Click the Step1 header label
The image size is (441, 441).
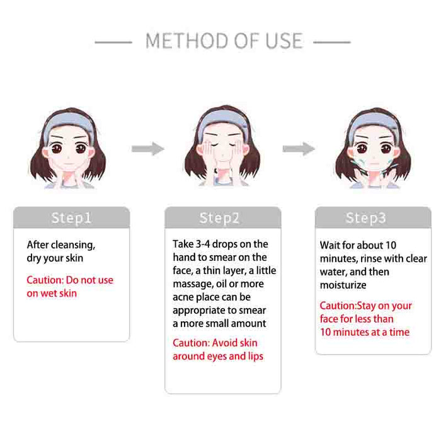(x=71, y=218)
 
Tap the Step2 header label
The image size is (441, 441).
(x=219, y=218)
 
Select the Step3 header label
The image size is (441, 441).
(x=365, y=218)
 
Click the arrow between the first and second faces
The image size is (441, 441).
(x=147, y=149)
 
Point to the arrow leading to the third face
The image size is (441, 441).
(x=298, y=149)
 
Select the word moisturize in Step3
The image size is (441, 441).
(x=343, y=285)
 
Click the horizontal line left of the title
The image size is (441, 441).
(x=113, y=43)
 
